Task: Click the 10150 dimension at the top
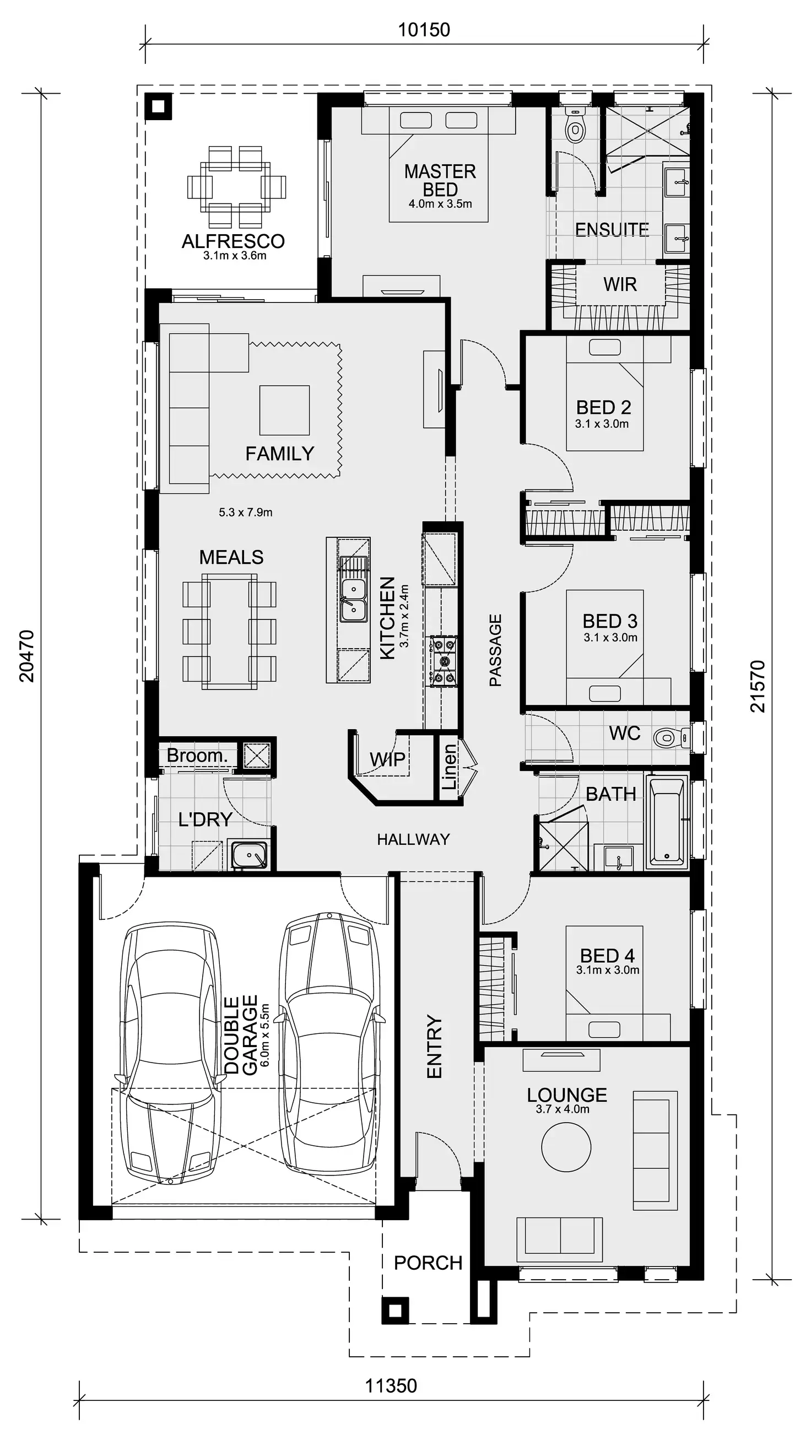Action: click(423, 30)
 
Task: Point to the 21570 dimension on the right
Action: click(758, 686)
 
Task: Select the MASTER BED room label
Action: click(440, 180)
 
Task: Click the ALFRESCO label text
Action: click(233, 241)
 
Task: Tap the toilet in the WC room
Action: click(666, 738)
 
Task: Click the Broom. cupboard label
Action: click(197, 756)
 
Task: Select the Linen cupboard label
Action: click(449, 767)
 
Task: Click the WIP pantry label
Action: click(387, 759)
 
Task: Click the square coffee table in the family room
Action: click(284, 410)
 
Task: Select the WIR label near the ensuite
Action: click(619, 284)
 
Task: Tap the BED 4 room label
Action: click(607, 956)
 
